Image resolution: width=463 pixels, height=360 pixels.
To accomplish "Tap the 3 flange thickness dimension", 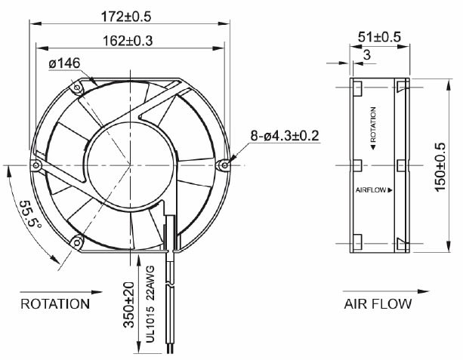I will [366, 56].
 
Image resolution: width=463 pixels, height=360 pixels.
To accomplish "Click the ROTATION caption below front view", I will [55, 304].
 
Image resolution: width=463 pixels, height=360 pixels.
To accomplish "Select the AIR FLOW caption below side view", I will [378, 304].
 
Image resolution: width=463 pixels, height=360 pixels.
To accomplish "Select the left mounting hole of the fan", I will [35, 164].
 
